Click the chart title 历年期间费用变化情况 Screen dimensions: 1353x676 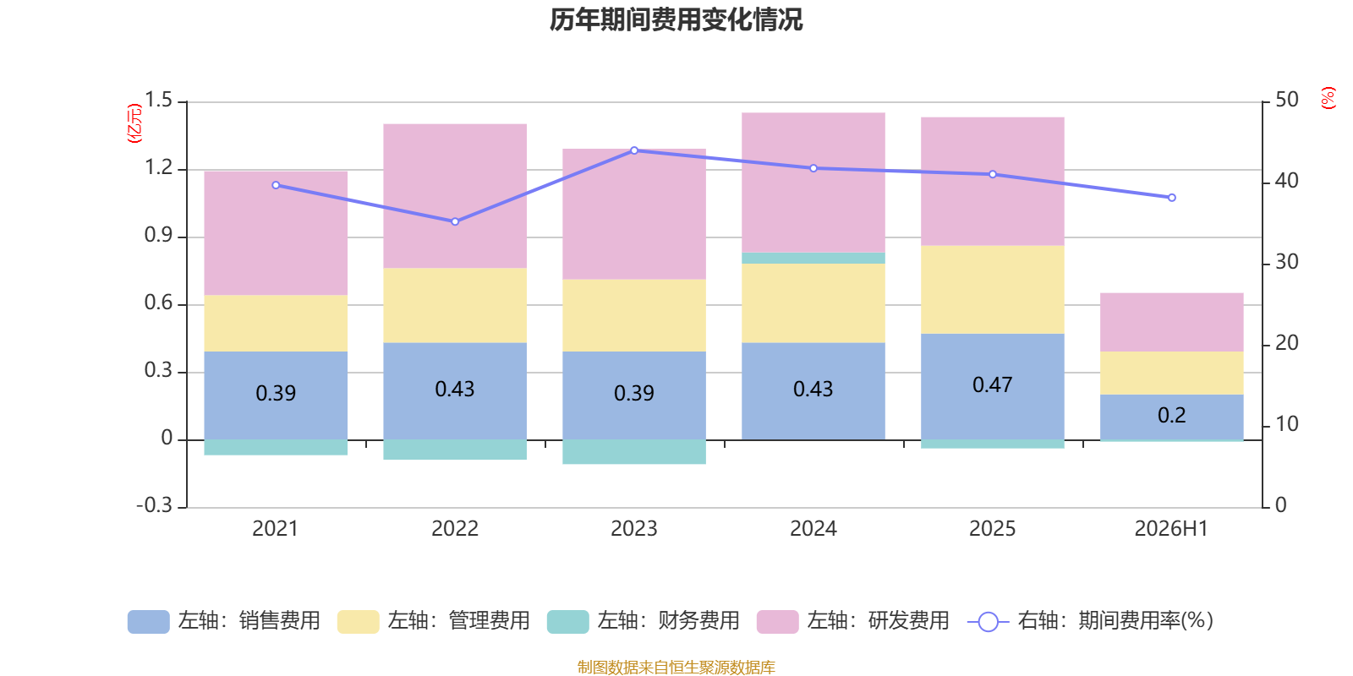pyautogui.click(x=676, y=20)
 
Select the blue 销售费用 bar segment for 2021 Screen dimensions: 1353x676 pyautogui.click(x=276, y=395)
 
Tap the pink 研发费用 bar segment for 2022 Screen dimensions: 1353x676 pyautogui.click(x=455, y=196)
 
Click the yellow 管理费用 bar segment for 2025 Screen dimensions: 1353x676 pyautogui.click(x=993, y=290)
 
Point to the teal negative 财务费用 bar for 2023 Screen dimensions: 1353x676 pyautogui.click(x=634, y=451)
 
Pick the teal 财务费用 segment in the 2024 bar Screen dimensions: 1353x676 pyautogui.click(x=813, y=259)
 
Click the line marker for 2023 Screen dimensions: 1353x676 pyautogui.click(x=634, y=150)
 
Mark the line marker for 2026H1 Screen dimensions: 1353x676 pyautogui.click(x=1172, y=198)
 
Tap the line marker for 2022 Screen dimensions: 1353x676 pyautogui.click(x=455, y=221)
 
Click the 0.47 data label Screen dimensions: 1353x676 pyautogui.click(x=993, y=384)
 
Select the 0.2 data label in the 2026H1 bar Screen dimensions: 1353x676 pyautogui.click(x=1172, y=415)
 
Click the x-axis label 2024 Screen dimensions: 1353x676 pyautogui.click(x=813, y=529)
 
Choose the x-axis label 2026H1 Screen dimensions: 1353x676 pyautogui.click(x=1171, y=529)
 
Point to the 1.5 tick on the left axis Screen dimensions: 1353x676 pyautogui.click(x=159, y=101)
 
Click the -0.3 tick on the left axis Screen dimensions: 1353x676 pyautogui.click(x=156, y=505)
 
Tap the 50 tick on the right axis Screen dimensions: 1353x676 pyautogui.click(x=1287, y=101)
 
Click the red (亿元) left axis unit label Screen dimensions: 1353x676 pyautogui.click(x=134, y=123)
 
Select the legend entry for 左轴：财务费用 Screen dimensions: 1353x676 pyautogui.click(x=644, y=621)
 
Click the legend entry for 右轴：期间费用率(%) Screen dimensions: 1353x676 pyautogui.click(x=1091, y=621)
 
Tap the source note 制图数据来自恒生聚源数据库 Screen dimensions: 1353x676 pyautogui.click(x=676, y=667)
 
